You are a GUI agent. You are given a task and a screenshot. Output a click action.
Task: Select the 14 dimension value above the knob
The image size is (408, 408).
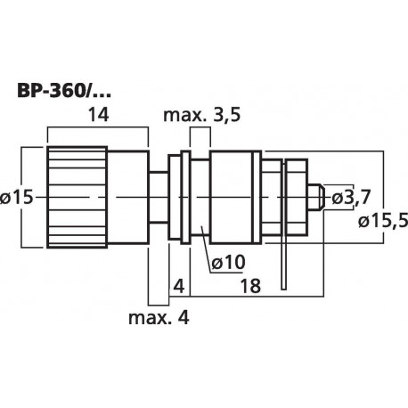coord(97,114)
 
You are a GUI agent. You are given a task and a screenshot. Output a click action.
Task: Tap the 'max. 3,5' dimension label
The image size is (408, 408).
coord(202,114)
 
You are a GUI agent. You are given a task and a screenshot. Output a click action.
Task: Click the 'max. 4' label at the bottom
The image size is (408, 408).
coord(159,316)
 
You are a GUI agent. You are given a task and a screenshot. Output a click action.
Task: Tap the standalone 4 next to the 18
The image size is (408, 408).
coord(179,289)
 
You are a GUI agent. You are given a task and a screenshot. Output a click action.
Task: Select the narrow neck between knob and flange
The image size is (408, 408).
coord(158,196)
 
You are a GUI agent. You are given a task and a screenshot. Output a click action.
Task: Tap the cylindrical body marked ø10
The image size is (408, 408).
coord(234,196)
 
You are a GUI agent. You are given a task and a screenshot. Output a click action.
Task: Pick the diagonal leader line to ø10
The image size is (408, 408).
coord(208,246)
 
